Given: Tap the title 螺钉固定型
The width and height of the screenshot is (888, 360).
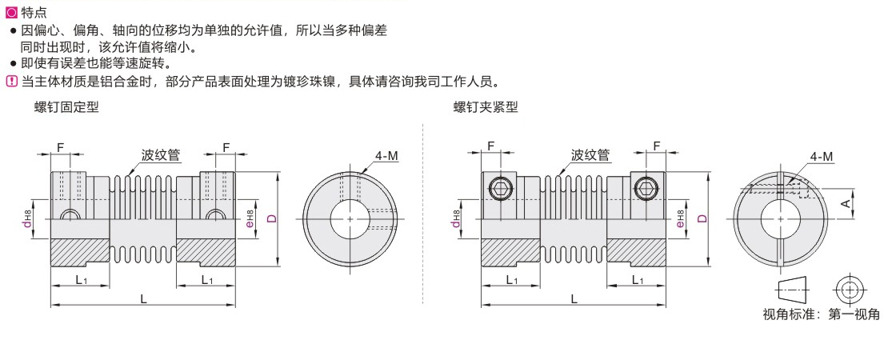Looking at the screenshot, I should (x=67, y=108).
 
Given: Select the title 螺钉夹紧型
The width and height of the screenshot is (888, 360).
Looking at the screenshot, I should (x=486, y=108).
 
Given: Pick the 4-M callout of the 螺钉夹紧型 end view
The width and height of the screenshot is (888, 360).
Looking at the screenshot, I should (x=822, y=157).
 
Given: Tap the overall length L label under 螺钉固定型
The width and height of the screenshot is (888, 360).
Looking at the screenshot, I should (x=143, y=298).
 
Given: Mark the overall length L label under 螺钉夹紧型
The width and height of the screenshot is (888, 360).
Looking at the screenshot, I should (x=574, y=298).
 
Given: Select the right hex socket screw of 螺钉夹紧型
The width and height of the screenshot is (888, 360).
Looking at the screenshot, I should (x=645, y=189).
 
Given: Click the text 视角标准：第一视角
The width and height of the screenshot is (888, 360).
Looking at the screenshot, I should (x=821, y=314).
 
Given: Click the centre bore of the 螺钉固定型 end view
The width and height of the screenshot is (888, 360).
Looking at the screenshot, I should (x=352, y=217).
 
